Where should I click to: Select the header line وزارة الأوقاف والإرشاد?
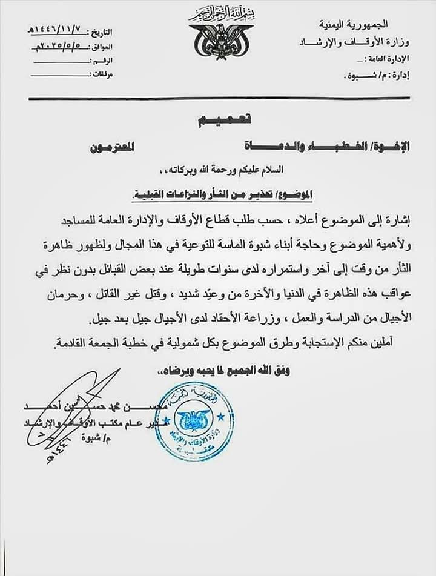tap(354, 42)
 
